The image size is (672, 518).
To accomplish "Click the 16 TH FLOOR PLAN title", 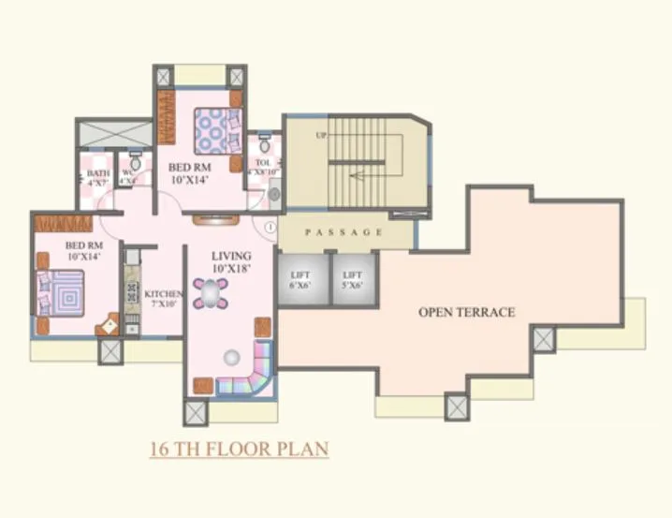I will (239, 450).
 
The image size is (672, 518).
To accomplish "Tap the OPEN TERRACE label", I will (466, 312).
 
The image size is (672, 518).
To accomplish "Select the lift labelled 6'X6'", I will (301, 279).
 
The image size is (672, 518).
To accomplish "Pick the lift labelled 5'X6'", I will (354, 279).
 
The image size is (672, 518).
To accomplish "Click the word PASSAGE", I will (343, 231).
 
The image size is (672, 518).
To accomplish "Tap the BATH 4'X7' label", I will (97, 178).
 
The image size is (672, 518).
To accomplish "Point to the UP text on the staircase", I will (321, 136).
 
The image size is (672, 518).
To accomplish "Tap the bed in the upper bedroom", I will (217, 131).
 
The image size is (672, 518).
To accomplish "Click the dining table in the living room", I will (212, 293).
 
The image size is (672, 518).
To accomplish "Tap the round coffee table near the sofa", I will (231, 356).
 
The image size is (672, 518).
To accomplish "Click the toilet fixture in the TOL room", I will (265, 146).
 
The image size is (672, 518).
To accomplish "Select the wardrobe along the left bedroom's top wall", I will (63, 223).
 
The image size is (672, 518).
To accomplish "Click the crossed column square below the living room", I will (197, 413).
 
